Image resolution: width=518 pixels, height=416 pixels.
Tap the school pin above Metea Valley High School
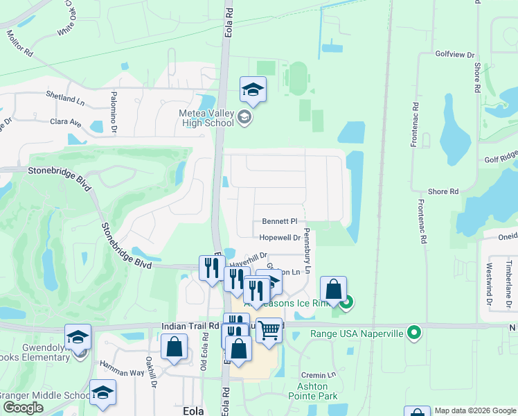click(x=253, y=90)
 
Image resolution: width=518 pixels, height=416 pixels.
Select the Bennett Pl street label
click(x=279, y=221)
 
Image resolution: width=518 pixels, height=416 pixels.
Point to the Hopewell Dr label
click(x=279, y=237)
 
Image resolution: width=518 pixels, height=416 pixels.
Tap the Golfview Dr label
click(x=454, y=54)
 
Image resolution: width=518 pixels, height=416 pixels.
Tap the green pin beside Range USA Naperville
click(x=414, y=333)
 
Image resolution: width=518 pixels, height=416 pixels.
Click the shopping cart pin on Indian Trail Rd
click(x=269, y=331)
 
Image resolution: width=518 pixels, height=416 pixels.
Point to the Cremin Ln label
click(x=322, y=374)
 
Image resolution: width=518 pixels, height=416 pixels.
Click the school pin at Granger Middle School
click(x=102, y=393)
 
